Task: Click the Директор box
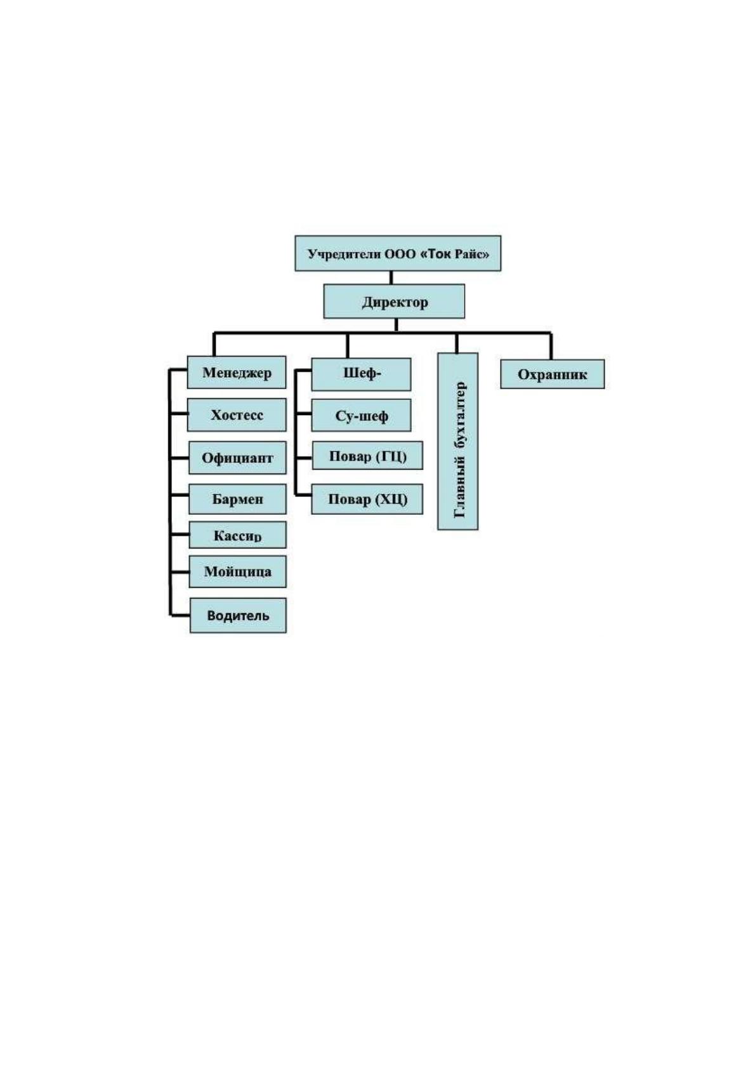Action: click(394, 301)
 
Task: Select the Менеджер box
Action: click(237, 372)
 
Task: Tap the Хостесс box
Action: click(237, 415)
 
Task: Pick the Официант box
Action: click(237, 458)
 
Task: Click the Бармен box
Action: click(237, 499)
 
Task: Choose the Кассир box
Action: click(237, 534)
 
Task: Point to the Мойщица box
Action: click(237, 571)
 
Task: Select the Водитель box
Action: click(238, 615)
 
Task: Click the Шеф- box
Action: click(361, 374)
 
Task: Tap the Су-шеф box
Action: click(361, 415)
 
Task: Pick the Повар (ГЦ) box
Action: click(367, 455)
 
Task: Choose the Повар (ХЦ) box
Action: click(367, 499)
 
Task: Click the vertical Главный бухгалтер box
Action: click(458, 441)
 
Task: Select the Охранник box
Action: click(553, 374)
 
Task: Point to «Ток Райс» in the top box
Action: click(454, 254)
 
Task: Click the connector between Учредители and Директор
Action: click(391, 278)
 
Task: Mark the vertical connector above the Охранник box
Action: click(551, 346)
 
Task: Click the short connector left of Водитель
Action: click(180, 615)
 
